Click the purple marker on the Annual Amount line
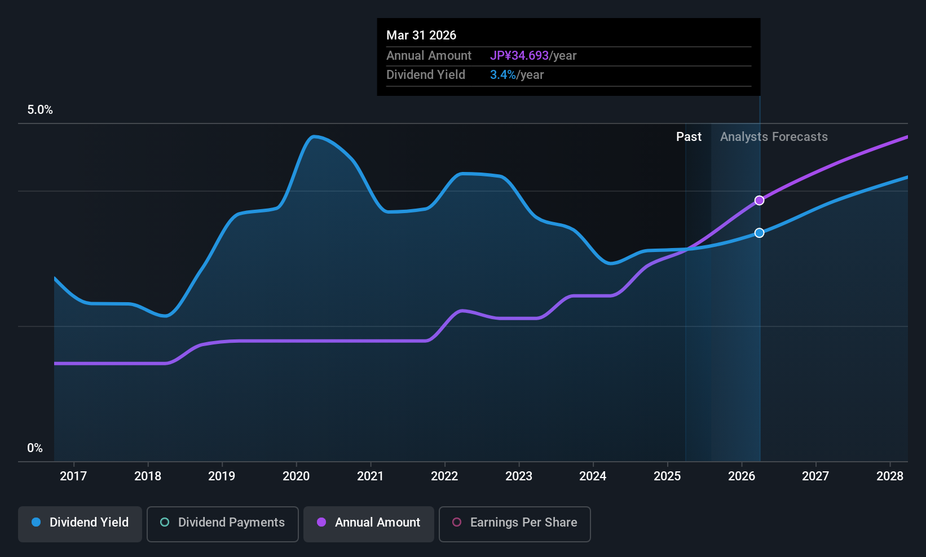759,201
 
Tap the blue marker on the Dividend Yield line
759,233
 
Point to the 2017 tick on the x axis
73,476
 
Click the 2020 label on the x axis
296,476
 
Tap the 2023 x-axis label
519,476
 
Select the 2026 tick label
742,476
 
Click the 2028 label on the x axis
890,476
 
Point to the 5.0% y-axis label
40,110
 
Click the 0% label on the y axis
35,448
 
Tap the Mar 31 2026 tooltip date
421,36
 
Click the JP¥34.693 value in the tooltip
519,56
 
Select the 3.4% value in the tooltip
503,75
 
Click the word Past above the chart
689,137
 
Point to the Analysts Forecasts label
774,137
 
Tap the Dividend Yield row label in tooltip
426,75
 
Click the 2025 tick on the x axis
667,476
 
